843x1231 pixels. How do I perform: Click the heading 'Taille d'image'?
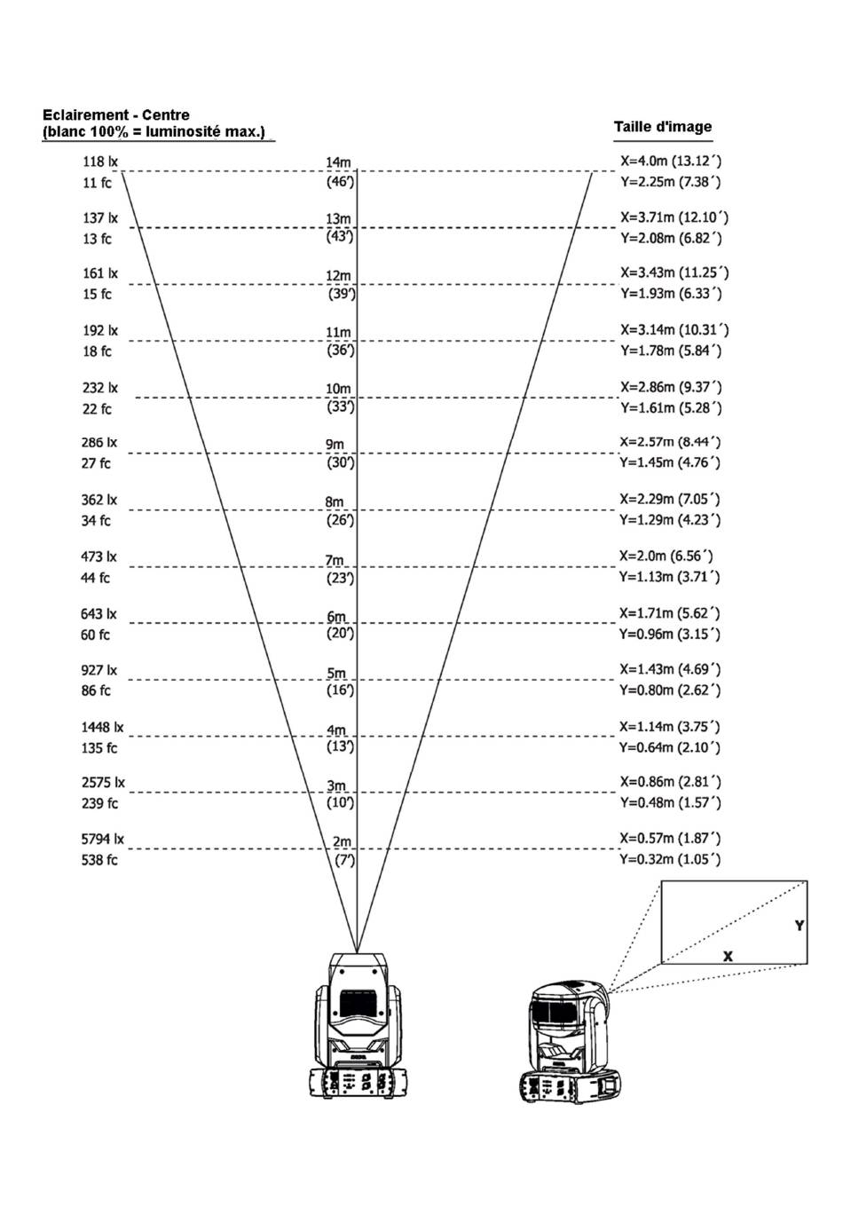663,127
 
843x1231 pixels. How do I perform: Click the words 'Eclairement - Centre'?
116,114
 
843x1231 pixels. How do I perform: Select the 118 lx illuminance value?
100,162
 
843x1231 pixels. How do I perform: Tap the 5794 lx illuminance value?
103,839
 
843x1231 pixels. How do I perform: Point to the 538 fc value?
99,859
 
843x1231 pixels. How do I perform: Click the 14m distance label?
338,162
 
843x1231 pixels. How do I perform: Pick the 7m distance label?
335,561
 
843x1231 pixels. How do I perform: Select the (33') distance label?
341,407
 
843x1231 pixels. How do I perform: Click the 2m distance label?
342,841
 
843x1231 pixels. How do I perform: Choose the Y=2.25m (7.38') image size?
671,182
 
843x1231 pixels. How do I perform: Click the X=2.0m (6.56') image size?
666,556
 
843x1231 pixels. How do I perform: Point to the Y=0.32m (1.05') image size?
670,859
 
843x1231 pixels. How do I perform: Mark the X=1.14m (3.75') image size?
670,727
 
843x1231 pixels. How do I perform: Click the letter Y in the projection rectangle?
800,926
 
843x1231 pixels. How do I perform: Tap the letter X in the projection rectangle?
728,956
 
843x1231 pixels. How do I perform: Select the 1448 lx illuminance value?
102,727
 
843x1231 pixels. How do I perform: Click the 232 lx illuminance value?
100,388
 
